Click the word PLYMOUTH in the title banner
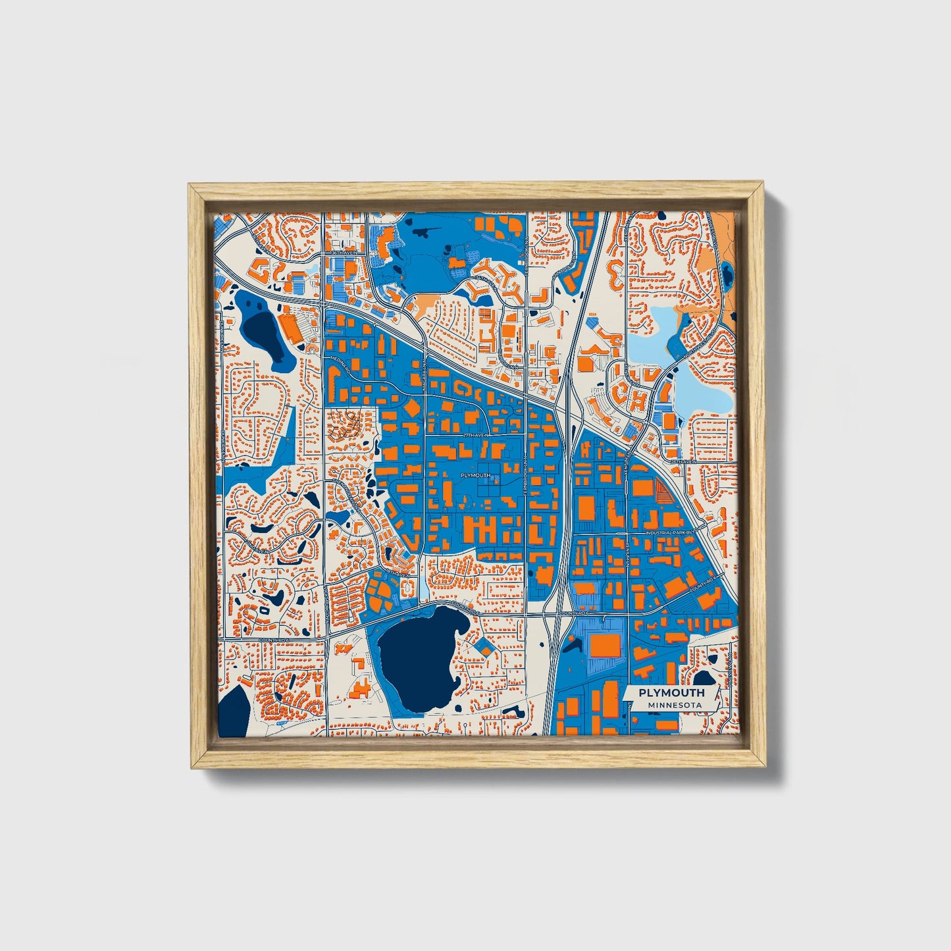click(x=671, y=692)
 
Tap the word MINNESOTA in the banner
click(x=673, y=705)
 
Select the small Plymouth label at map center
click(x=476, y=475)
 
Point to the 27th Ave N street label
click(x=477, y=436)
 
